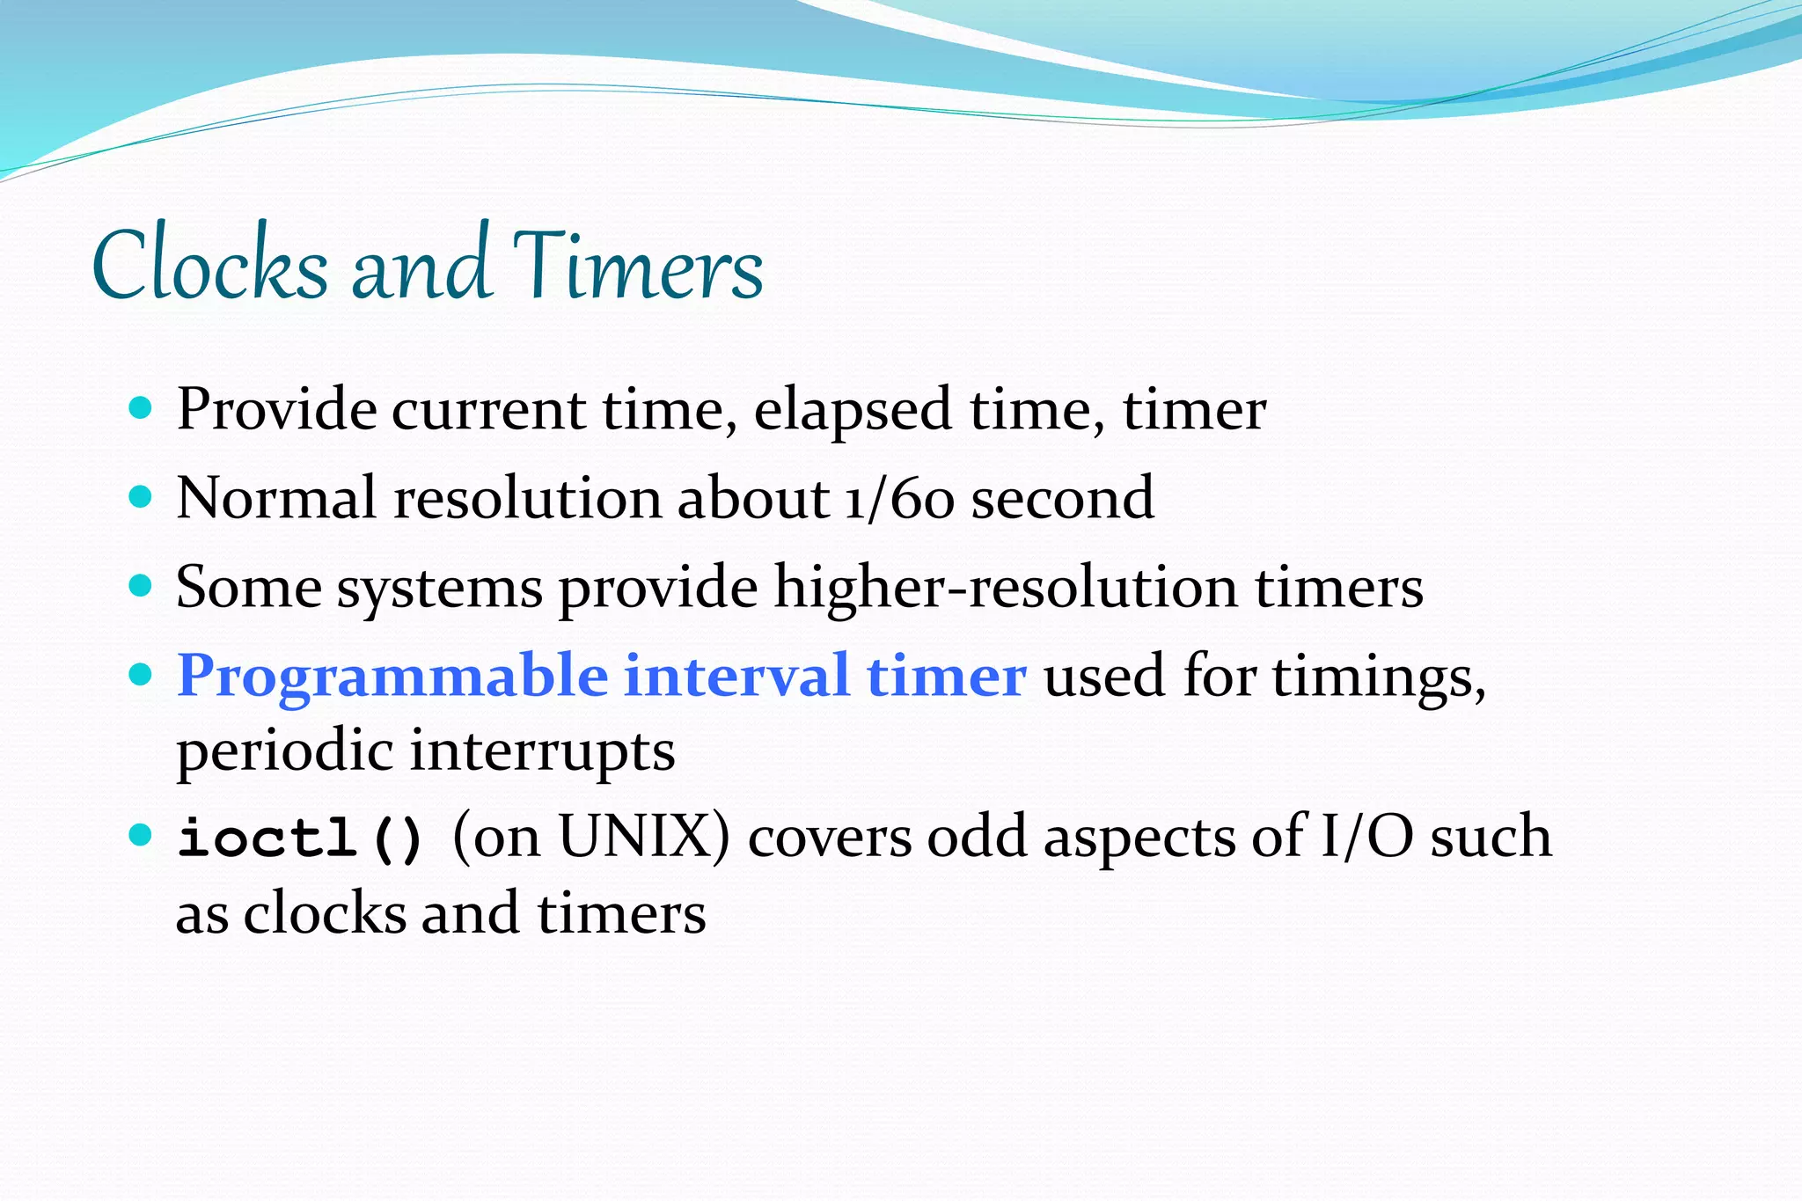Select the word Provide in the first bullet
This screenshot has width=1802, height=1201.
tap(275, 410)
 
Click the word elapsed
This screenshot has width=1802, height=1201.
tap(853, 412)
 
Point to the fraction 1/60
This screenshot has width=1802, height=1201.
tap(899, 499)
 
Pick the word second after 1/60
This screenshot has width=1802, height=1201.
tap(1062, 499)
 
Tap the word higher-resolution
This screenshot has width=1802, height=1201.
tap(1005, 588)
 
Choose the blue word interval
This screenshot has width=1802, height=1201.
tap(736, 676)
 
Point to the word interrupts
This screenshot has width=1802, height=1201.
tap(542, 752)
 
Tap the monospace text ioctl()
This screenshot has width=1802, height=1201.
tap(300, 838)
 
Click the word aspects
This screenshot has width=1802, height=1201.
tap(1139, 838)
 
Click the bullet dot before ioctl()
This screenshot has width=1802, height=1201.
tap(141, 834)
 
